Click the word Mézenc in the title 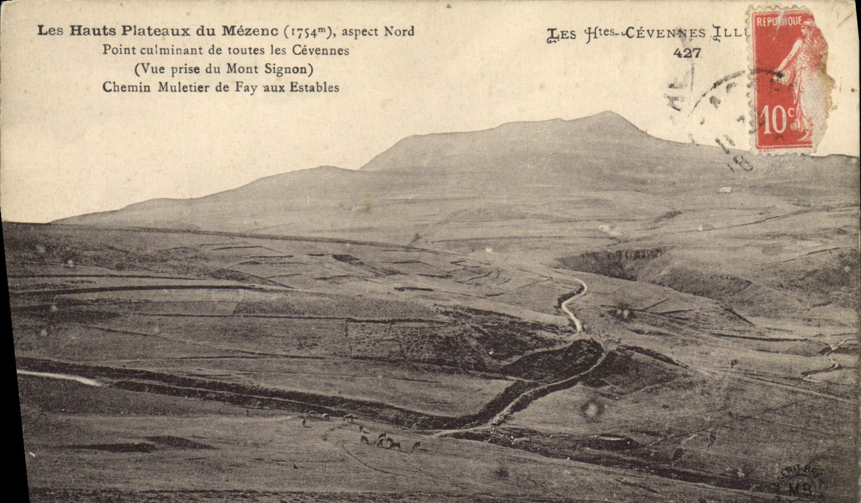250,31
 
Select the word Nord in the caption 399,31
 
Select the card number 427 687,52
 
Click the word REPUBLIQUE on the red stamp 778,21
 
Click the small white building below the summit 725,189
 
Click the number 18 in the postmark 741,164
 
